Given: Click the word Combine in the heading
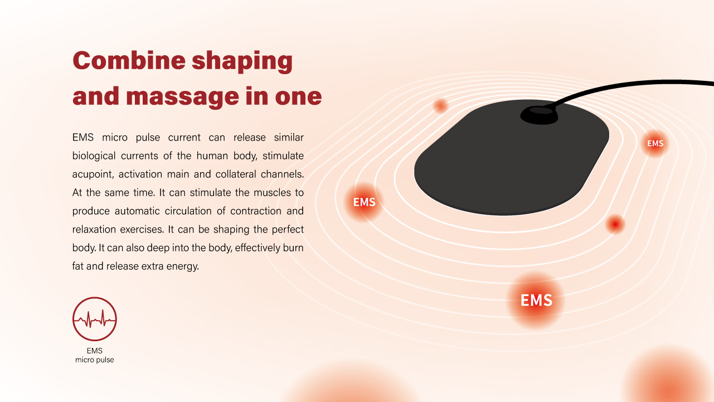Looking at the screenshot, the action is coord(129,60).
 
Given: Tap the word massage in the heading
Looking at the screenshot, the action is coord(182,96).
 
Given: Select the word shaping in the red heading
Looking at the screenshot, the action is coord(242,61).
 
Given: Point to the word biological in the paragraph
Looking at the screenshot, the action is coord(94,156).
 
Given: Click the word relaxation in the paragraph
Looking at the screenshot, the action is coord(94,229).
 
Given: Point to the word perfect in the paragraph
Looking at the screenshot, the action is coord(288,229).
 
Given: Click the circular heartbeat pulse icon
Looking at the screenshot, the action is coord(95,319).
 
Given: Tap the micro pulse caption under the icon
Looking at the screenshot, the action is coord(94,360).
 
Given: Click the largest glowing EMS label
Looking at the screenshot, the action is coord(536,301).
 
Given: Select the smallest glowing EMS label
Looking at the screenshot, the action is coord(655,143).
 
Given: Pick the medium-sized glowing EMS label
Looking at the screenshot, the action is coord(364,202).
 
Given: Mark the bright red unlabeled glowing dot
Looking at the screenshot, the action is coord(615,225).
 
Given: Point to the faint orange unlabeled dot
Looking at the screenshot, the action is coord(441,105).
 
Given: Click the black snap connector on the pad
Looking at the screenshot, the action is coord(539,115).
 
